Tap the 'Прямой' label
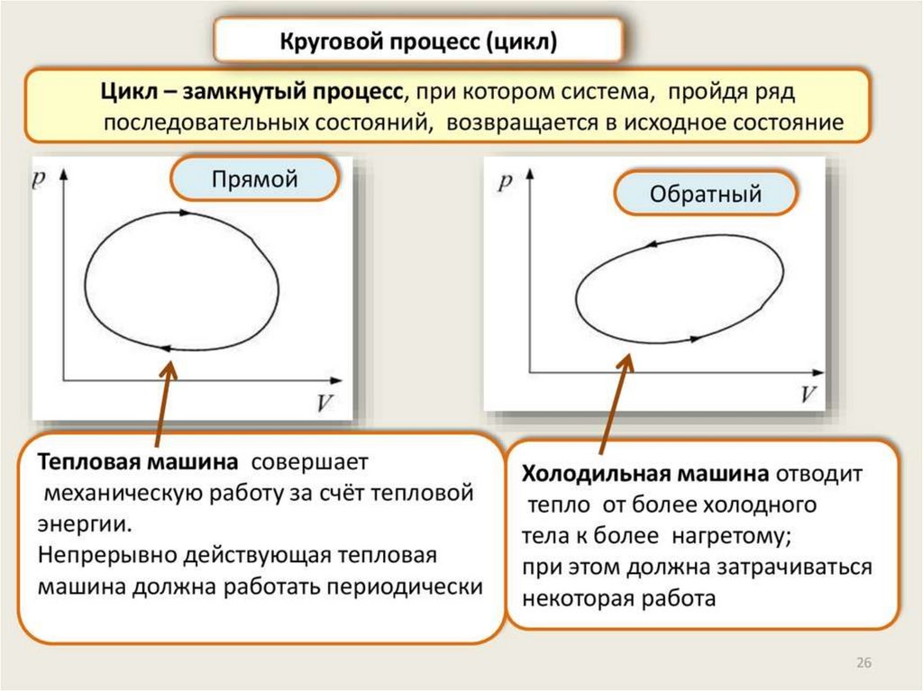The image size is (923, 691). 254,179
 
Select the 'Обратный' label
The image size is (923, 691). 706,194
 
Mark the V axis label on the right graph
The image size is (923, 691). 809,395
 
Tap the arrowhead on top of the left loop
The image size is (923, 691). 186,214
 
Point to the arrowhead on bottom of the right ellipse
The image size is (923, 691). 695,339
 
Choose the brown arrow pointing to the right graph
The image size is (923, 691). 613,401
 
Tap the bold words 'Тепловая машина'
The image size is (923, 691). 138,462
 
